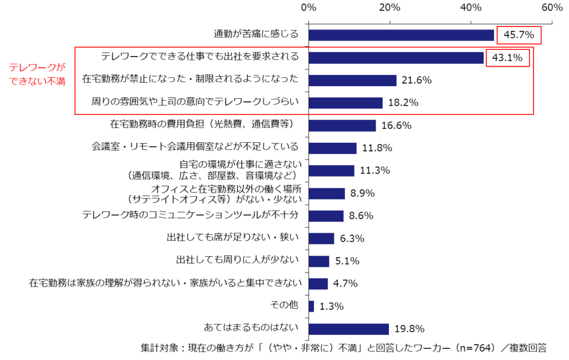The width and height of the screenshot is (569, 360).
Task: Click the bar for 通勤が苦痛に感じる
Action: click(x=401, y=35)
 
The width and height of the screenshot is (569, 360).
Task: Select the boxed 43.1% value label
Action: click(x=507, y=58)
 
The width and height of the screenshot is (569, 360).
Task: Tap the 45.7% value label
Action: click(x=518, y=35)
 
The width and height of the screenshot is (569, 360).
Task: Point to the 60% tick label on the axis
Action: click(x=552, y=7)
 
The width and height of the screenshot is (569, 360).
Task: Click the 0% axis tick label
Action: click(x=308, y=7)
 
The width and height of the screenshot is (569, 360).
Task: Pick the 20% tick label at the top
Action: click(x=390, y=7)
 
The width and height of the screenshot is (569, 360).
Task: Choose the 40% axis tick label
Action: click(x=471, y=7)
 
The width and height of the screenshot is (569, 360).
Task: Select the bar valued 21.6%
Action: click(x=352, y=81)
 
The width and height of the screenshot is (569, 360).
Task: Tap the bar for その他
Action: click(x=311, y=306)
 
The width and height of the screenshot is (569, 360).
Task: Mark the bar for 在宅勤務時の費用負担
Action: click(x=342, y=126)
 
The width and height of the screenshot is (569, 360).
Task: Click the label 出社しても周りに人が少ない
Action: click(x=237, y=261)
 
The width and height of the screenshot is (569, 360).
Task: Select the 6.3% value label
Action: click(x=352, y=238)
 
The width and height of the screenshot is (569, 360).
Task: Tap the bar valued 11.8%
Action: click(x=332, y=148)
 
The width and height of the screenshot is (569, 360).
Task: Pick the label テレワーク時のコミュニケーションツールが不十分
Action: click(x=190, y=216)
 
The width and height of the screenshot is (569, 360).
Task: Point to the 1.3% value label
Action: click(x=332, y=306)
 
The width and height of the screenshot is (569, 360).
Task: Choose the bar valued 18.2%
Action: click(x=345, y=103)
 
